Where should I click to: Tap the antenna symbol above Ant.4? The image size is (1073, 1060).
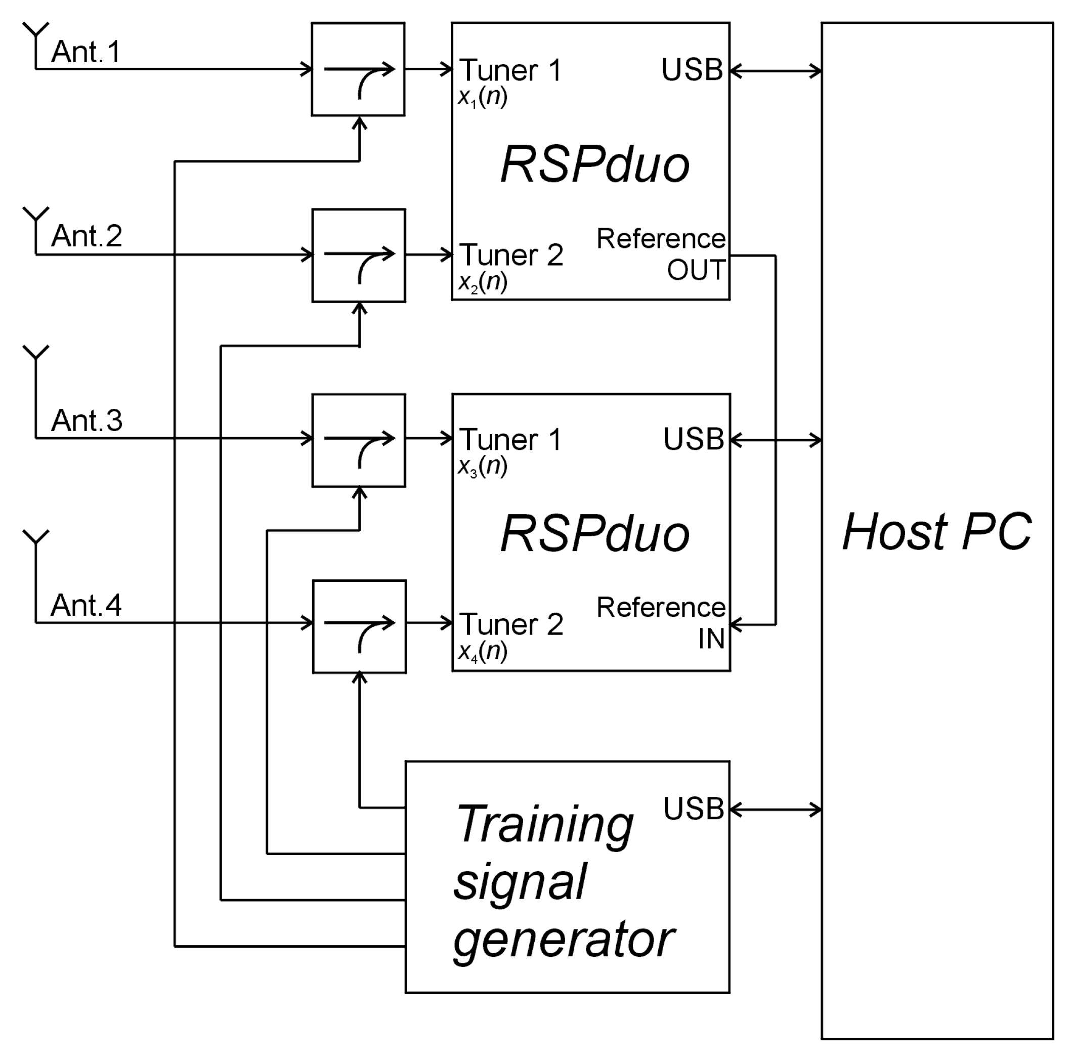[x=35, y=538]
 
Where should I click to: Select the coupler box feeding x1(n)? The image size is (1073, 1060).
[x=358, y=69]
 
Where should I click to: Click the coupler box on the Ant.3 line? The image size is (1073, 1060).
[x=358, y=441]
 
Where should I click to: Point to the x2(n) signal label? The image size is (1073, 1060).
[x=482, y=283]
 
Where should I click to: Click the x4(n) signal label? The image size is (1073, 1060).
[x=482, y=651]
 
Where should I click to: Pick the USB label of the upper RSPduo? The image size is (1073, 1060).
[x=692, y=70]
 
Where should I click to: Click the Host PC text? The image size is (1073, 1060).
[x=937, y=532]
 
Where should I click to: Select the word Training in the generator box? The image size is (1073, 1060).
[x=544, y=826]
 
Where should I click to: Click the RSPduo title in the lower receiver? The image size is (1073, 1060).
[x=595, y=534]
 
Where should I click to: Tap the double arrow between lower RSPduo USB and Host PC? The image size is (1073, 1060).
[x=776, y=441]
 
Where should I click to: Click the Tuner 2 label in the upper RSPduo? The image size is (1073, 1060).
[x=511, y=255]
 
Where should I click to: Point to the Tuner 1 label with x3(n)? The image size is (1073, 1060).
[x=510, y=440]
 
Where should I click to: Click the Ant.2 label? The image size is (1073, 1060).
[x=87, y=236]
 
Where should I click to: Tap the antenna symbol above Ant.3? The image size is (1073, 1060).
[x=35, y=353]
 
